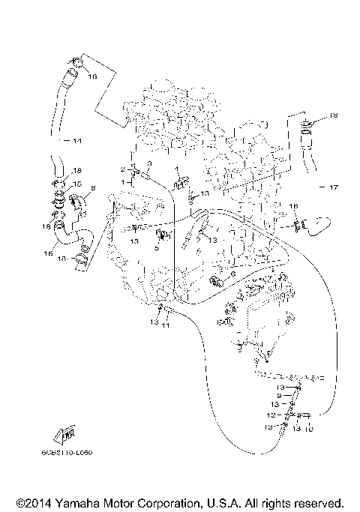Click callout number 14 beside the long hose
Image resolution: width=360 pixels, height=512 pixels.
[x=77, y=140]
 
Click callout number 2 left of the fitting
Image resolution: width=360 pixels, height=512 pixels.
[x=122, y=170]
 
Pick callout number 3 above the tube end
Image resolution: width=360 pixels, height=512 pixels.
[x=149, y=163]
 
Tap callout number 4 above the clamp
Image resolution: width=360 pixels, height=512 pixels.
[x=178, y=169]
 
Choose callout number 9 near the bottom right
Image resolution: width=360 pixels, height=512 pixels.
[x=279, y=395]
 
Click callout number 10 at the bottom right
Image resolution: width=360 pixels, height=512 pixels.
[x=309, y=430]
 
